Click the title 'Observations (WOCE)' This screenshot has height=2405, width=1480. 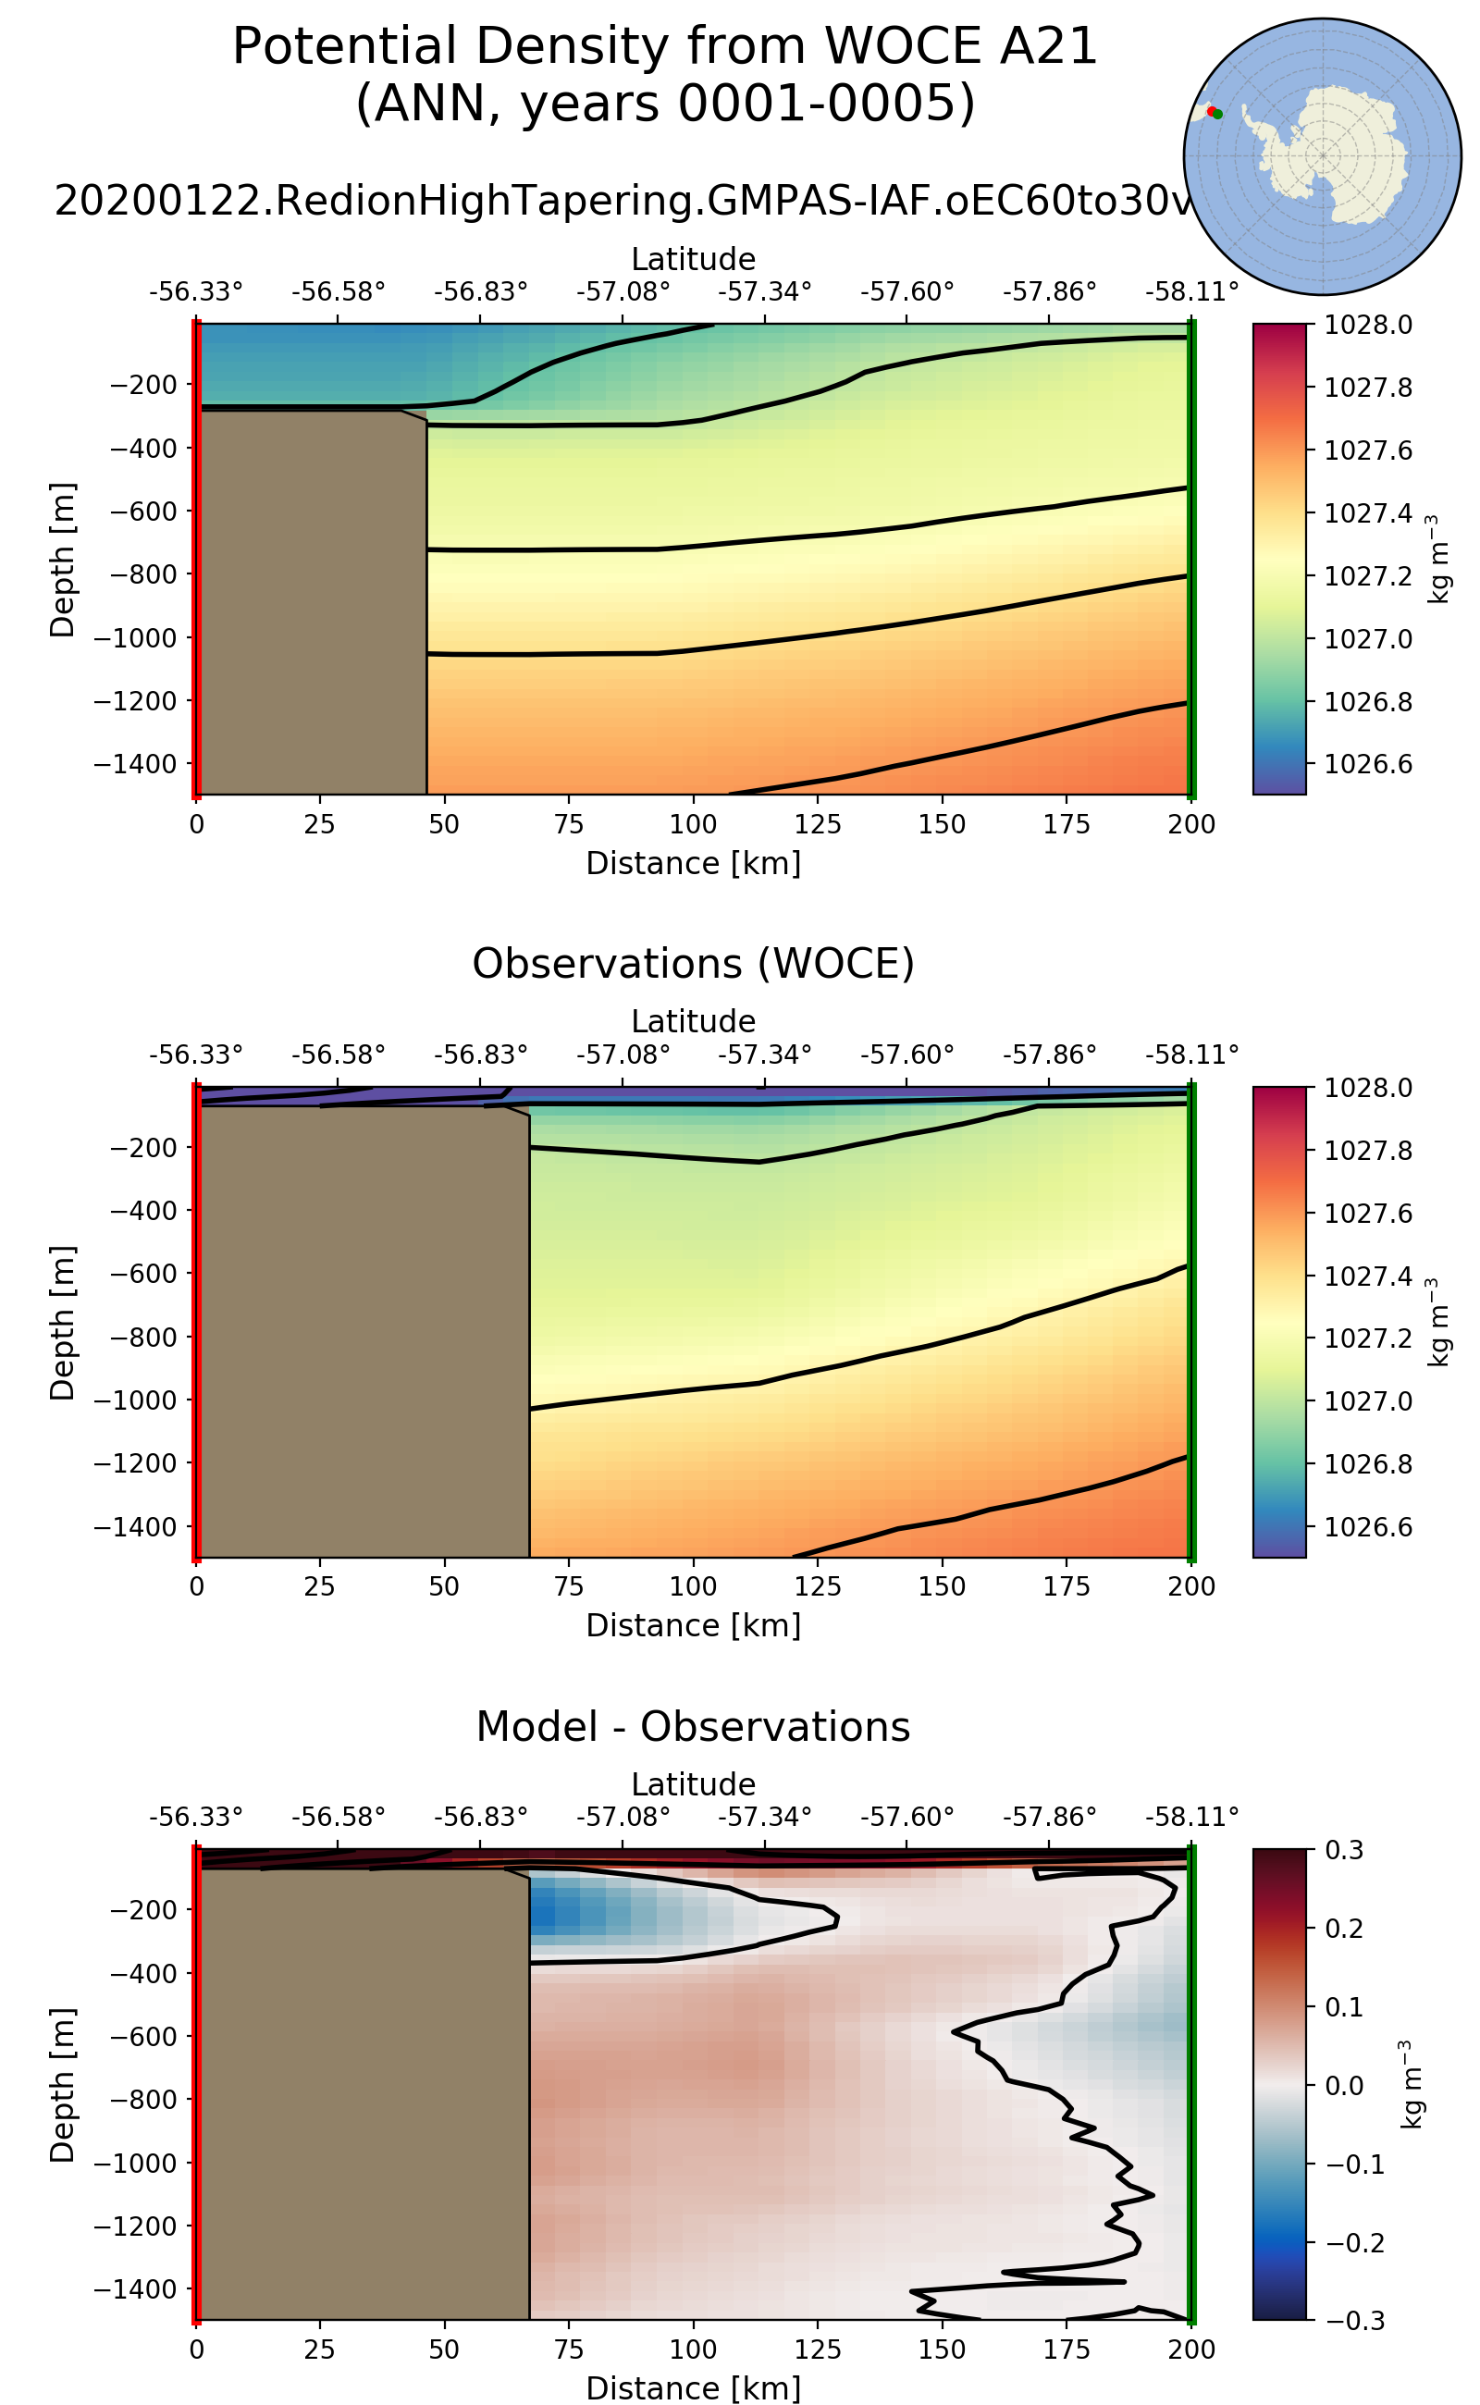[x=693, y=964]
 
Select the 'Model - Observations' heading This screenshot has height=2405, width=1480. [x=693, y=1727]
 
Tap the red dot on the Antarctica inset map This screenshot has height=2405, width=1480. [x=1211, y=112]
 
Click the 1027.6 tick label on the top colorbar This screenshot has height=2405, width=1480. [x=1367, y=450]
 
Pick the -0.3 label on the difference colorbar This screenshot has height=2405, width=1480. [x=1355, y=2321]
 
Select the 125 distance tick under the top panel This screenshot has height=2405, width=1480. [x=818, y=824]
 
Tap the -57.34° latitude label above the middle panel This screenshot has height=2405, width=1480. [x=764, y=1054]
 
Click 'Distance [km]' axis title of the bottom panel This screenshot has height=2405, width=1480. [x=693, y=2387]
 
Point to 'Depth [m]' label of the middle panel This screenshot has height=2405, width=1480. [x=62, y=1323]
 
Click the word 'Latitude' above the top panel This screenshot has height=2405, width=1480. [x=693, y=259]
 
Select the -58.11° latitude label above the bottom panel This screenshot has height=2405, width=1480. [x=1191, y=1817]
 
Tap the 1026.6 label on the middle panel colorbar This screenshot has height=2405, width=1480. [x=1367, y=1527]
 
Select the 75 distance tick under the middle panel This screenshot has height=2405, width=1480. [x=569, y=1586]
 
